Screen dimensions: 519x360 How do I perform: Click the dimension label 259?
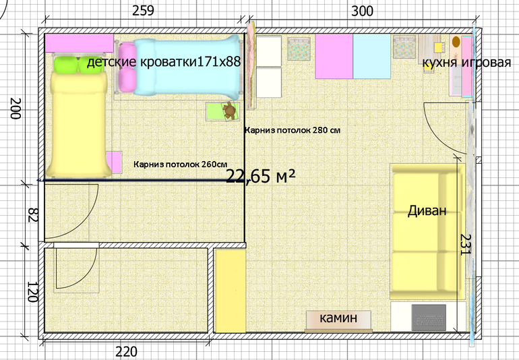(143, 11)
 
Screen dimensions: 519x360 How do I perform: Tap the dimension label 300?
(362, 11)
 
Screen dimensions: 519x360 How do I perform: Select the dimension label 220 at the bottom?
(126, 352)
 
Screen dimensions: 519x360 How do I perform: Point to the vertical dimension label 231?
(465, 245)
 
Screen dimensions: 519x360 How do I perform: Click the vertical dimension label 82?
(33, 215)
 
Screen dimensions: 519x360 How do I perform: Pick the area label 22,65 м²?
(260, 176)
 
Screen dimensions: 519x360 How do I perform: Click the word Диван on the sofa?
(427, 210)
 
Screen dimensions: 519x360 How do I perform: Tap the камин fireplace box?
(338, 321)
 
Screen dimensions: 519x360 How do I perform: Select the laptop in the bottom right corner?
(429, 318)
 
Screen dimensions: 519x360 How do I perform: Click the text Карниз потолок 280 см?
(293, 130)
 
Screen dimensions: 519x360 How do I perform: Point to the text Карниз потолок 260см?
(181, 164)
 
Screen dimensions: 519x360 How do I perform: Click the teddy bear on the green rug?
(229, 111)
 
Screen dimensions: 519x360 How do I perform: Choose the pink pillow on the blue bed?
(127, 68)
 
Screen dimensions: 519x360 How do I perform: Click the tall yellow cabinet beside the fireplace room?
(231, 291)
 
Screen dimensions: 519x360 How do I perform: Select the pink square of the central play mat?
(334, 57)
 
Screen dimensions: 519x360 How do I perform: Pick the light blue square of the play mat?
(372, 57)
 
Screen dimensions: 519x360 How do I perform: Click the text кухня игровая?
(466, 62)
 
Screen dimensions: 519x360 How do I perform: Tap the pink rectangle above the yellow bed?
(79, 43)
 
